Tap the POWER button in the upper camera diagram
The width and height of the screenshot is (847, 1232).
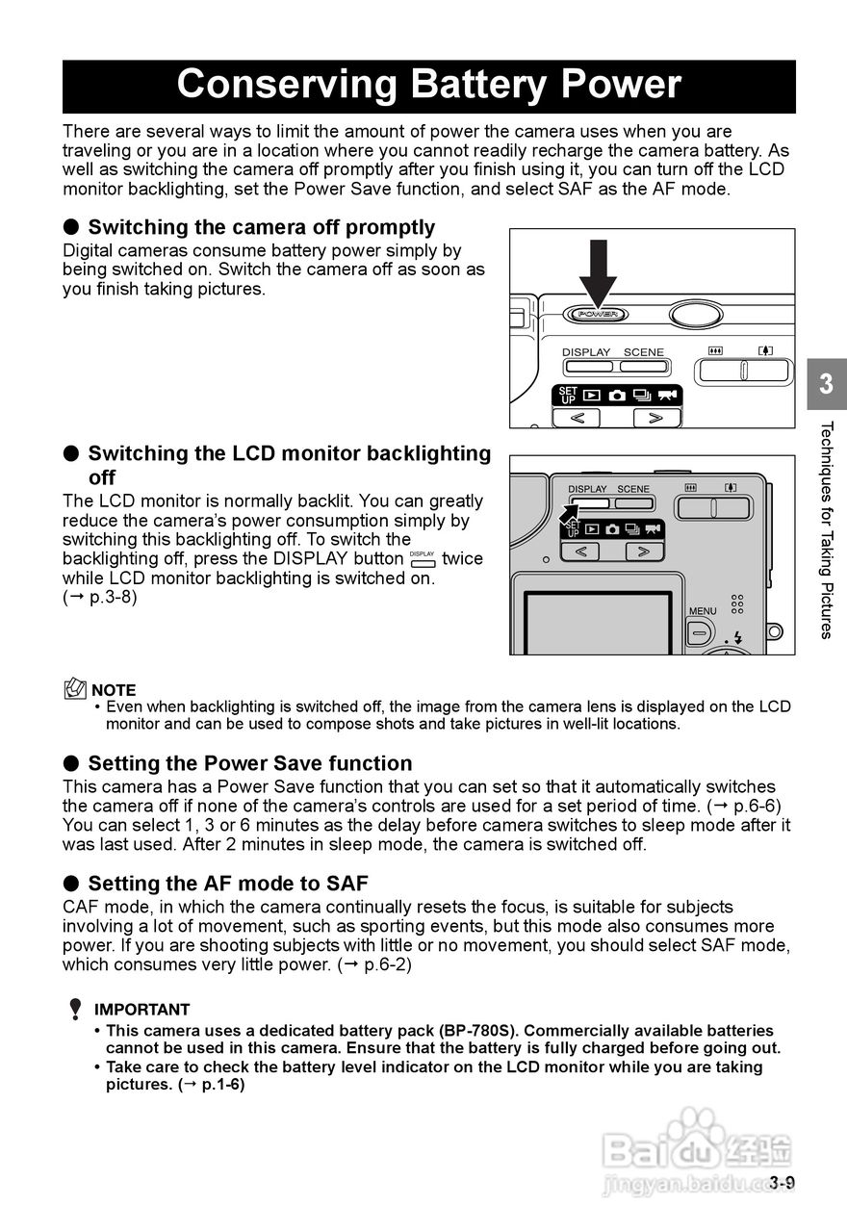pyautogui.click(x=598, y=314)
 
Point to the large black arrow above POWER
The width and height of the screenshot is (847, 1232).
pyautogui.click(x=598, y=269)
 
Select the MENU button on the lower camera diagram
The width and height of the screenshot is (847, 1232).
pyautogui.click(x=700, y=633)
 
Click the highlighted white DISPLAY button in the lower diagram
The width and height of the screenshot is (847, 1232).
pyautogui.click(x=589, y=502)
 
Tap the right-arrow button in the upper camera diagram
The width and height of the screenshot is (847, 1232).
pyautogui.click(x=655, y=418)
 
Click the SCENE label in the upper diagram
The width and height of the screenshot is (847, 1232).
pyautogui.click(x=643, y=352)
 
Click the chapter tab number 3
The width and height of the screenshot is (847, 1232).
pyautogui.click(x=826, y=385)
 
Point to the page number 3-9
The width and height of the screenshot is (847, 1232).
pyautogui.click(x=782, y=1183)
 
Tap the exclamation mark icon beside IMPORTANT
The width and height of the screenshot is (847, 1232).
pyautogui.click(x=75, y=1010)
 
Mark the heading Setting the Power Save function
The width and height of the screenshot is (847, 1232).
pyautogui.click(x=250, y=763)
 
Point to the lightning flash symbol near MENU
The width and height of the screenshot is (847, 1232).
pyautogui.click(x=738, y=637)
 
